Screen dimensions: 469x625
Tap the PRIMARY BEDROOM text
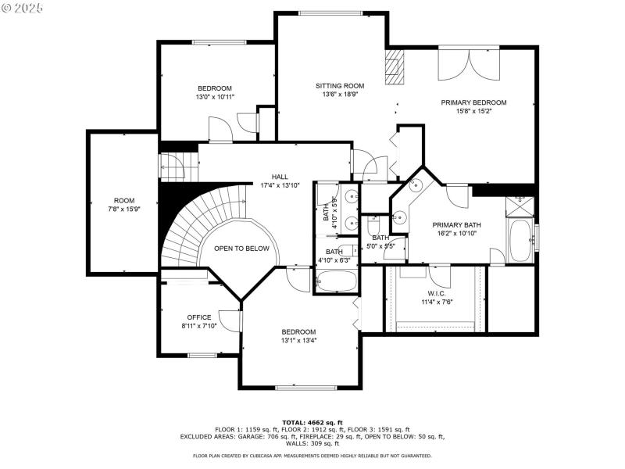[473, 102]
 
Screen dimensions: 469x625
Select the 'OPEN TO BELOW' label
[241, 249]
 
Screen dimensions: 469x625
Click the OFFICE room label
[198, 317]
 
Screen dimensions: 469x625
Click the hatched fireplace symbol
[395, 68]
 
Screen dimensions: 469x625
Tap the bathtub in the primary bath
[520, 242]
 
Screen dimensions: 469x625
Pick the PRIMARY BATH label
[457, 225]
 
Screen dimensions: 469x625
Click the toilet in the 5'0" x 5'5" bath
[373, 226]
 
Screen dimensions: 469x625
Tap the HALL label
[280, 177]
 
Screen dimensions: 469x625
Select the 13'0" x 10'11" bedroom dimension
[215, 97]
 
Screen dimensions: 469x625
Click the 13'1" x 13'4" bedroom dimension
[299, 341]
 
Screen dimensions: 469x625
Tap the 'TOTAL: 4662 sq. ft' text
[312, 422]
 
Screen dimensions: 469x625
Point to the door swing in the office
[229, 320]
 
